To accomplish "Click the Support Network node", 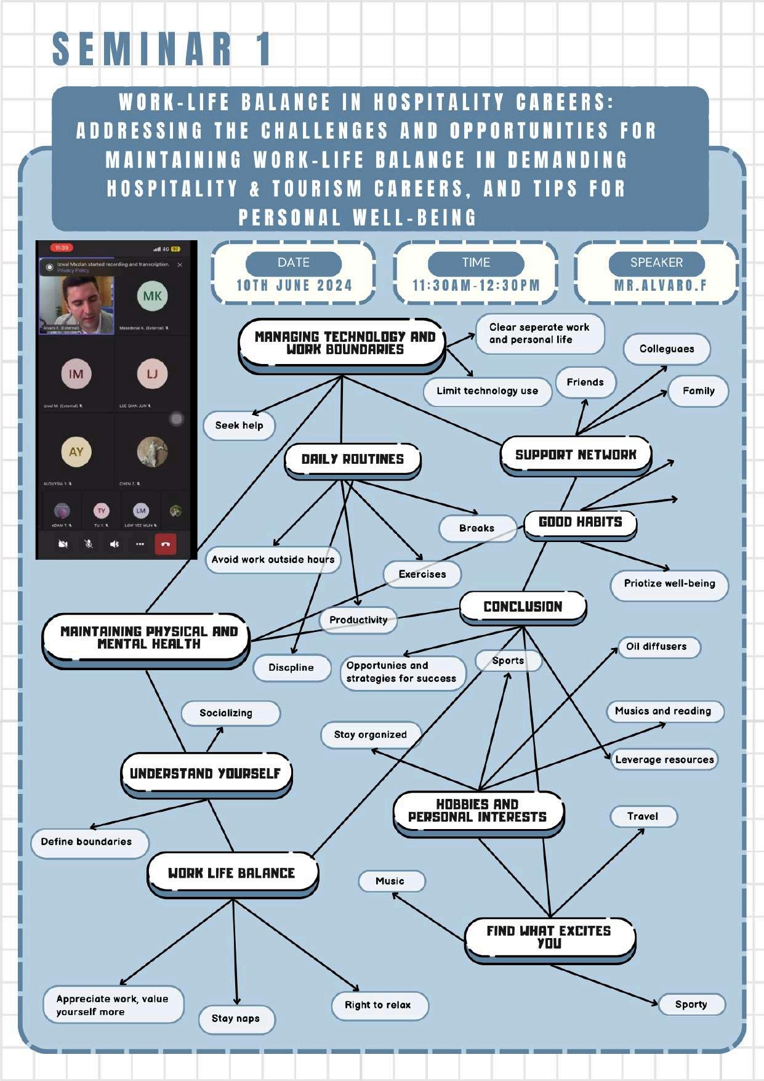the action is (x=576, y=455).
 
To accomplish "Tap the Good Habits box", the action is (x=580, y=522).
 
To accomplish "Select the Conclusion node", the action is (x=523, y=607).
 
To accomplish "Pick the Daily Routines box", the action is (x=352, y=460).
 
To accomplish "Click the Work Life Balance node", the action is (x=231, y=873).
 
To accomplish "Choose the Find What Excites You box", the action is (x=549, y=937).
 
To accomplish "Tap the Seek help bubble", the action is (x=239, y=426).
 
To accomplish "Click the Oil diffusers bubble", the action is (x=656, y=647).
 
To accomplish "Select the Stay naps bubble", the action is (x=236, y=1019).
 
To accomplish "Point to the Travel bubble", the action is (x=643, y=817).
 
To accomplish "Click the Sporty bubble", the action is (x=691, y=1005).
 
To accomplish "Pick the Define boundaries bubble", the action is (x=87, y=842).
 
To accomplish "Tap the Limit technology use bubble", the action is (x=487, y=391).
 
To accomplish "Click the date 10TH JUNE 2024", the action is (x=294, y=286).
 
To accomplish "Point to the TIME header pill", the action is (x=476, y=263).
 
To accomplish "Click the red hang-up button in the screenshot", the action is (x=165, y=544).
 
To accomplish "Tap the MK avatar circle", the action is (x=152, y=296).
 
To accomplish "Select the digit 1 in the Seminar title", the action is (x=264, y=49).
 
